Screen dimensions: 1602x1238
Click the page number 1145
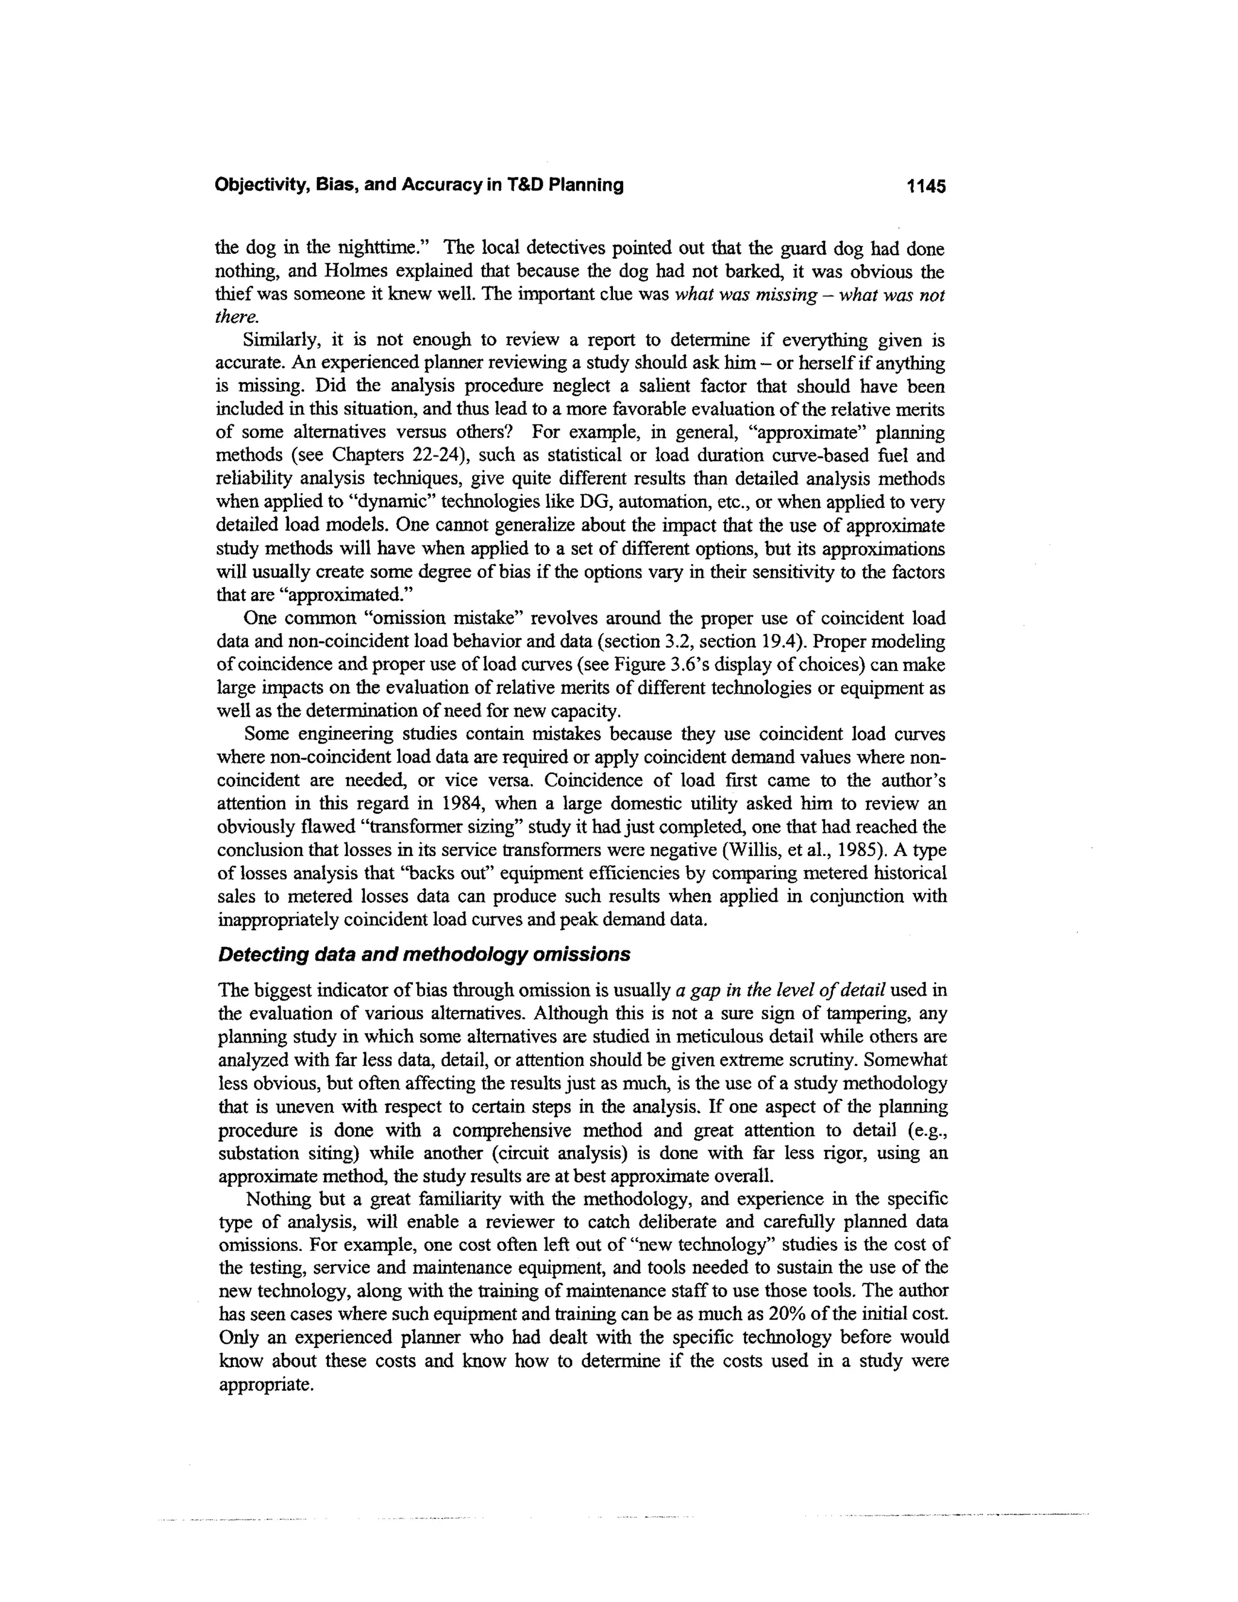coord(925,186)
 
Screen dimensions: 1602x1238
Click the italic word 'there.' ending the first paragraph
coord(237,317)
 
